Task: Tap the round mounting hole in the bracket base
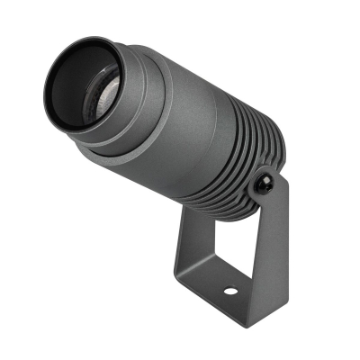[x=229, y=292]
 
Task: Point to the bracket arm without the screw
[x=189, y=243]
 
